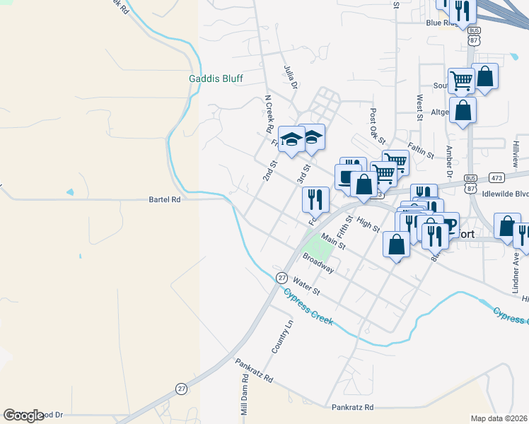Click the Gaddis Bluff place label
tap(216, 78)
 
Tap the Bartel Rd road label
tap(165, 200)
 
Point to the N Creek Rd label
tap(268, 114)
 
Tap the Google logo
tap(24, 416)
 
